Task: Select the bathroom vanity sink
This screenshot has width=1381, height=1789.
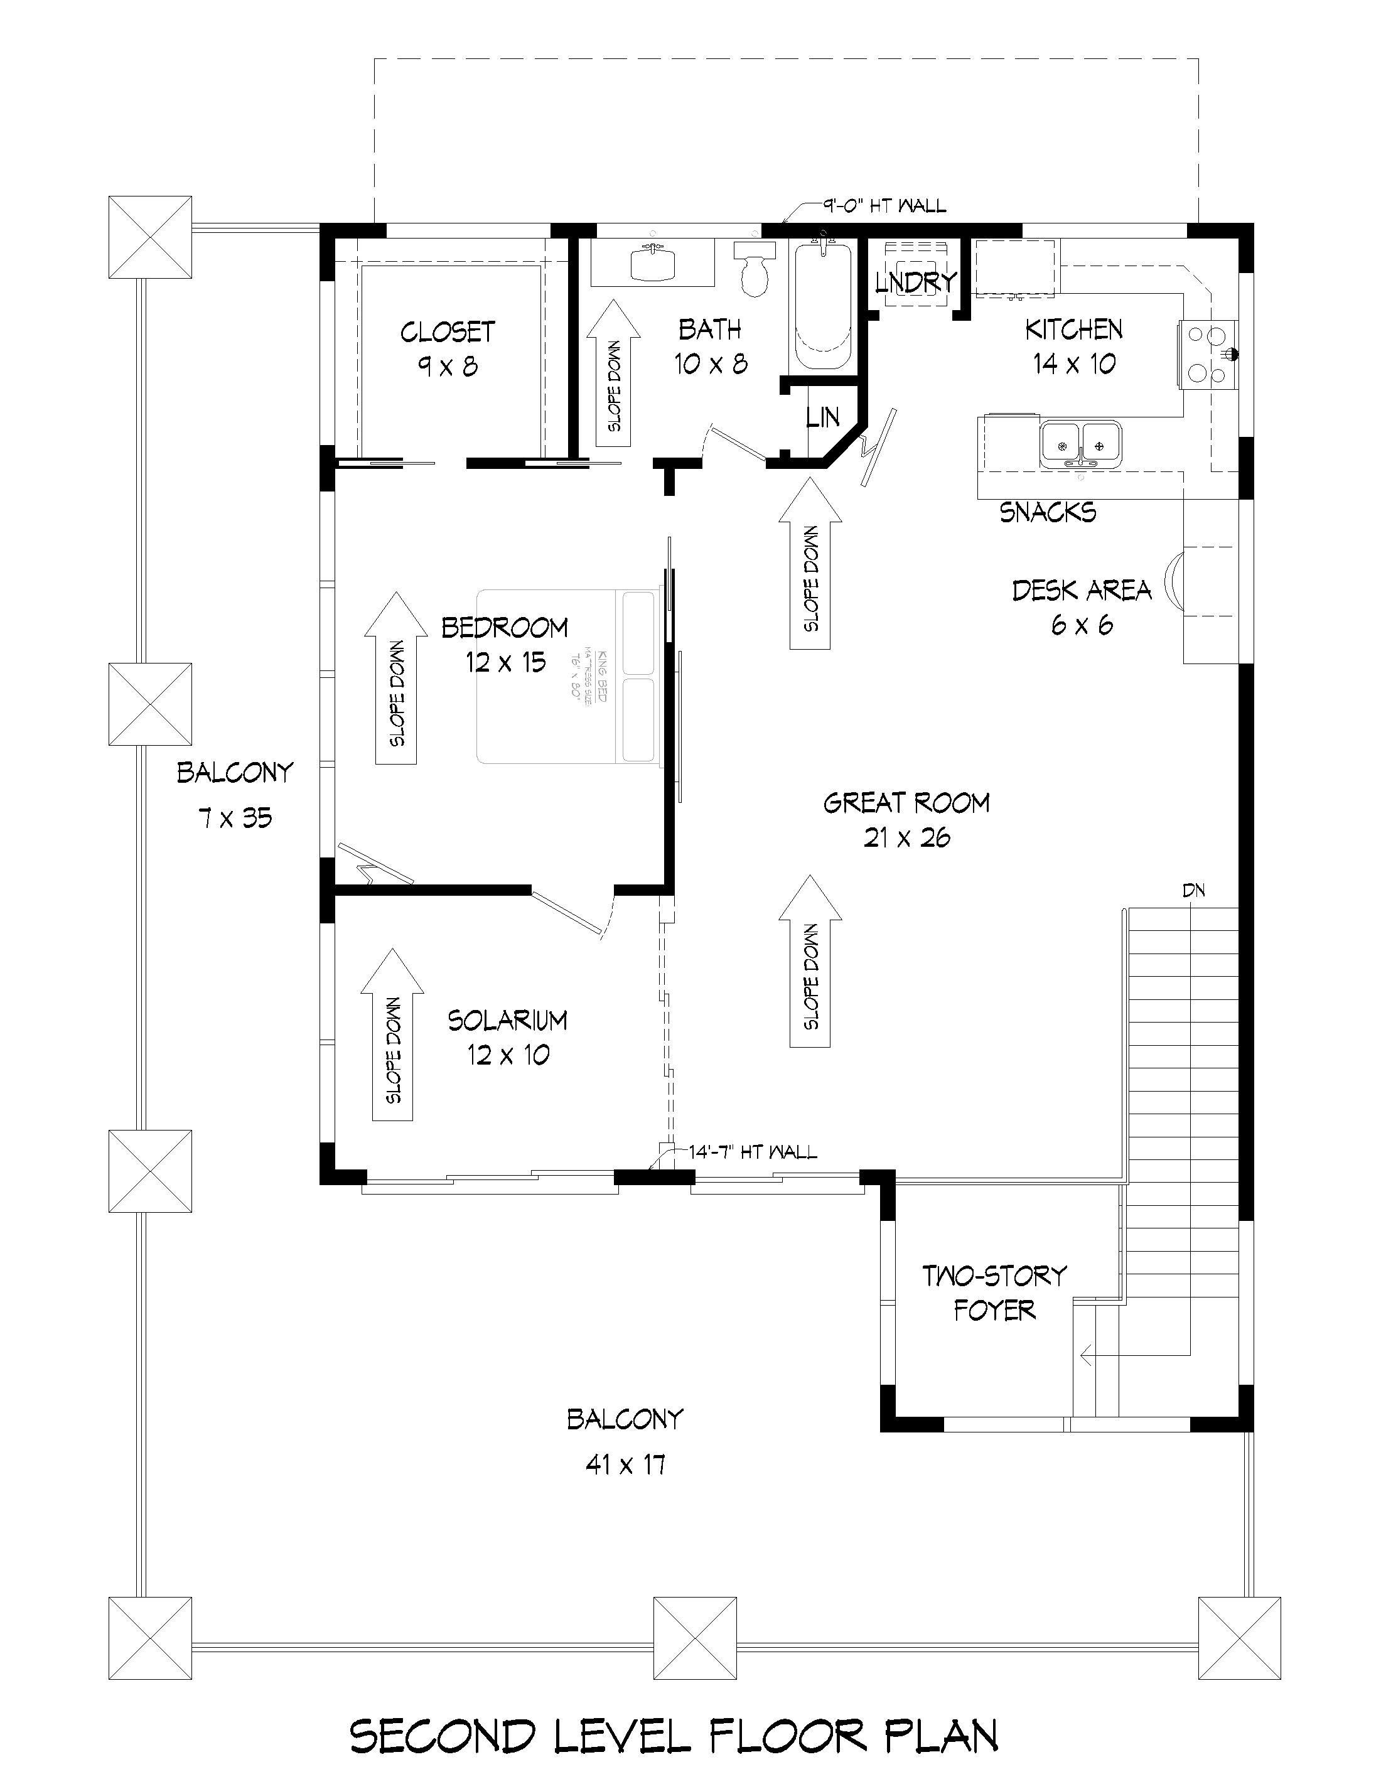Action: pyautogui.click(x=653, y=264)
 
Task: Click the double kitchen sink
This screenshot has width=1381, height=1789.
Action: pyautogui.click(x=1081, y=445)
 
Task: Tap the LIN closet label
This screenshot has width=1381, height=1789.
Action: pyautogui.click(x=822, y=418)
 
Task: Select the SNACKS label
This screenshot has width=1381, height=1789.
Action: pyautogui.click(x=1048, y=513)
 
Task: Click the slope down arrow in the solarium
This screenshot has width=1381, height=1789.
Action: pyautogui.click(x=392, y=1034)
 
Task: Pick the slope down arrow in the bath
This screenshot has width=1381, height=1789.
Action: pyautogui.click(x=613, y=373)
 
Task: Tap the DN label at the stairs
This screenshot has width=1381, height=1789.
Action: pyautogui.click(x=1193, y=890)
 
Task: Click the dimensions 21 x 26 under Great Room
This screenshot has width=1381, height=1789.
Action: pyautogui.click(x=906, y=837)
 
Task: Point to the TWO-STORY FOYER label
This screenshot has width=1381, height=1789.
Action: pyautogui.click(x=994, y=1292)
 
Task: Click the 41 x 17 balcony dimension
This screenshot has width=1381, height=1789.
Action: pyautogui.click(x=625, y=1464)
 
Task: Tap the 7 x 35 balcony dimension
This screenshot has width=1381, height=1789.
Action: pyautogui.click(x=235, y=817)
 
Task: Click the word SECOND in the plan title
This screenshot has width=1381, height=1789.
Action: pyautogui.click(x=443, y=1736)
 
